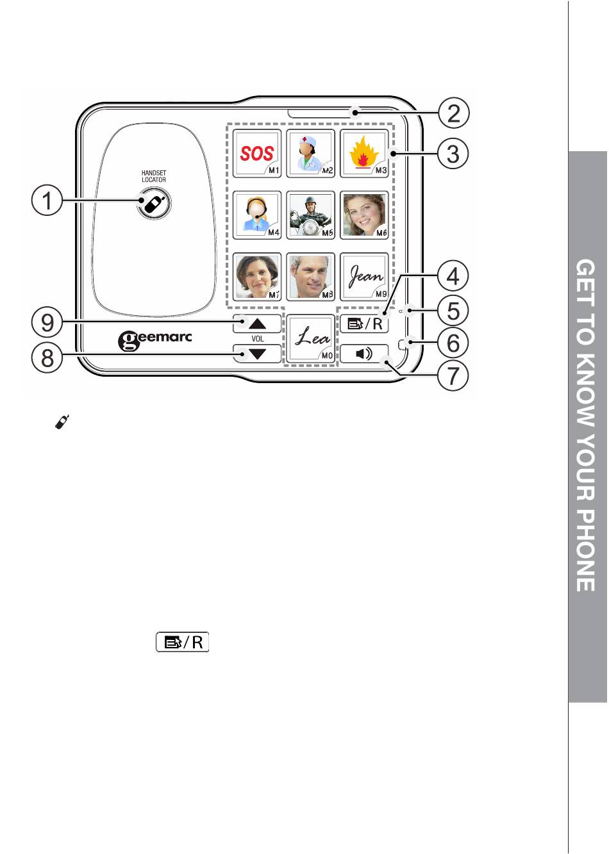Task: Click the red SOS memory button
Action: (257, 154)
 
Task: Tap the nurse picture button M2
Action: (310, 154)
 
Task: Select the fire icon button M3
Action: (364, 154)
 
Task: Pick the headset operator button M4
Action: (257, 215)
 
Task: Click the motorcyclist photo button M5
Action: (310, 215)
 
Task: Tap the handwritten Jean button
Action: (364, 277)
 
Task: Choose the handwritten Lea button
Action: (311, 338)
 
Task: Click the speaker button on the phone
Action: (363, 354)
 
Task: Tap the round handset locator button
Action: (154, 204)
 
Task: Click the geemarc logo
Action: (155, 340)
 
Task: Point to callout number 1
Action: (47, 201)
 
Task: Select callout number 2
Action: (453, 113)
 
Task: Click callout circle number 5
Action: (453, 311)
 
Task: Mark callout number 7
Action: (453, 375)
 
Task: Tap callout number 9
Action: (47, 322)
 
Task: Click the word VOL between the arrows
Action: (257, 339)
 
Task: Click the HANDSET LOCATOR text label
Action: (154, 176)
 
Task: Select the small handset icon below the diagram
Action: (62, 422)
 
